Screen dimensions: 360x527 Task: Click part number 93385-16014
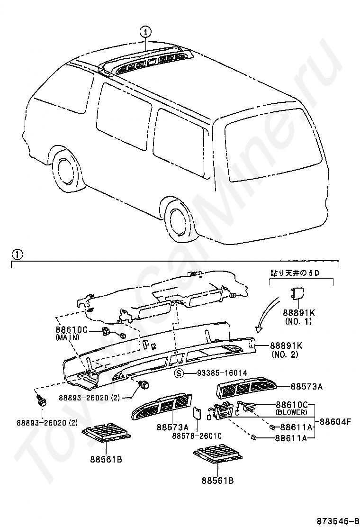point(222,373)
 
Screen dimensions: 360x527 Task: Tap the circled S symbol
point(180,373)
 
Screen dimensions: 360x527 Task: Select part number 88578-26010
point(197,436)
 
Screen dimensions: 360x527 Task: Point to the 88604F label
point(335,421)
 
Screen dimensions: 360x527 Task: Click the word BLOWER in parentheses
point(291,412)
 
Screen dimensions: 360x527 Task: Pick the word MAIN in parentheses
point(67,337)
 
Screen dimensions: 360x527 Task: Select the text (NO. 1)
point(298,322)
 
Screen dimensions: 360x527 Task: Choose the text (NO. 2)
point(284,354)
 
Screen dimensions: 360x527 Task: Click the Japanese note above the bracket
point(295,273)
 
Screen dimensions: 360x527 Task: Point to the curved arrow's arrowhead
point(259,328)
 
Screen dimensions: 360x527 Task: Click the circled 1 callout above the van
point(146,32)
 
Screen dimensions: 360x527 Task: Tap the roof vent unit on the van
point(152,62)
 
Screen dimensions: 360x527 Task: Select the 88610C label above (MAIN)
point(72,330)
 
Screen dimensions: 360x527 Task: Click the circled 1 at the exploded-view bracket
point(17,255)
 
